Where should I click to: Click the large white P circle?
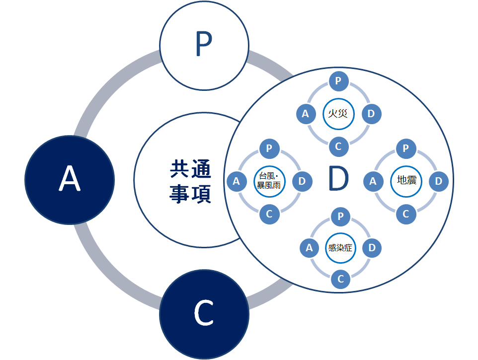(x=204, y=46)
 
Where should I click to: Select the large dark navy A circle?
(x=70, y=180)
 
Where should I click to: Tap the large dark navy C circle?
(x=204, y=314)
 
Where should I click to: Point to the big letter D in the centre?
(x=339, y=178)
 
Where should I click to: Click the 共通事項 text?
(x=190, y=181)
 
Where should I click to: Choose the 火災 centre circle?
(x=338, y=114)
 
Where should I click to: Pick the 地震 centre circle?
(x=406, y=181)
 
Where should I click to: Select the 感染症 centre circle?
(x=340, y=248)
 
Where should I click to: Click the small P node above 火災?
(x=339, y=81)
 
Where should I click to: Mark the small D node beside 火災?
(x=372, y=114)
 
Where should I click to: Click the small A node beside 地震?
(x=373, y=182)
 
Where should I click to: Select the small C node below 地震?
(x=406, y=214)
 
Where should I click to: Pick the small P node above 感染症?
(x=340, y=216)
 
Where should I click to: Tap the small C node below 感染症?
(x=340, y=279)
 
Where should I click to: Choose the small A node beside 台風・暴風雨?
(x=237, y=182)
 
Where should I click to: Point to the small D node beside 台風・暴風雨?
(x=302, y=182)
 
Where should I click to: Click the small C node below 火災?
(x=339, y=146)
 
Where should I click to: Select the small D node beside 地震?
(x=439, y=182)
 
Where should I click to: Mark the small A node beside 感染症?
(x=310, y=248)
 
